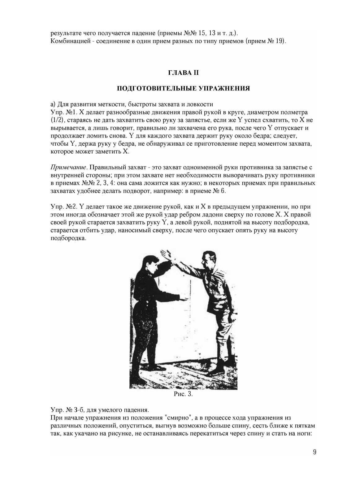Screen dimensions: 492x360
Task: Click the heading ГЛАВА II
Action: pyautogui.click(x=183, y=73)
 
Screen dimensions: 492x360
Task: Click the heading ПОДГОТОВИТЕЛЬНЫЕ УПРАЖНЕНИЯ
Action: pyautogui.click(x=183, y=89)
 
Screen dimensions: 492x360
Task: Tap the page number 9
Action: pyautogui.click(x=314, y=452)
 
